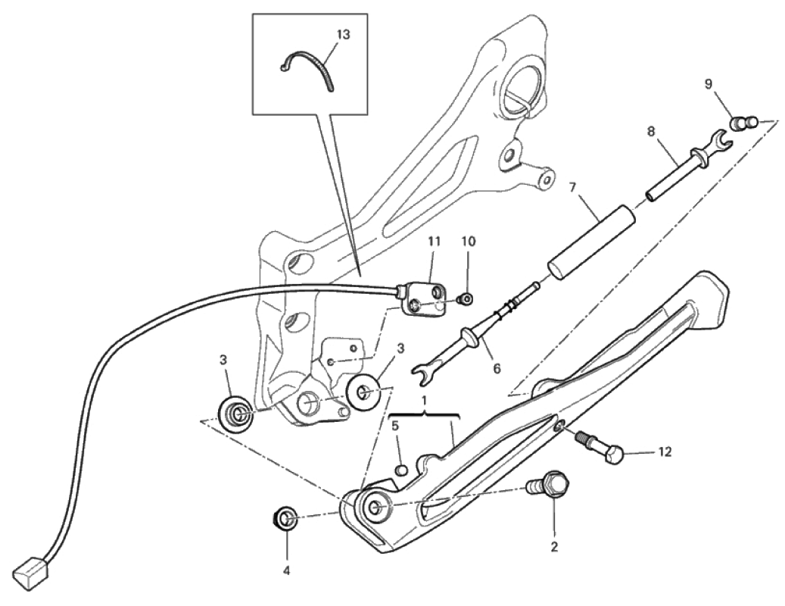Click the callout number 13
click(343, 35)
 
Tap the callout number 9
click(709, 84)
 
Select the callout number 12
click(664, 453)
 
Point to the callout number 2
click(554, 546)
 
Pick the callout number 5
click(394, 426)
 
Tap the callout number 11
click(434, 242)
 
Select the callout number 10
click(469, 242)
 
